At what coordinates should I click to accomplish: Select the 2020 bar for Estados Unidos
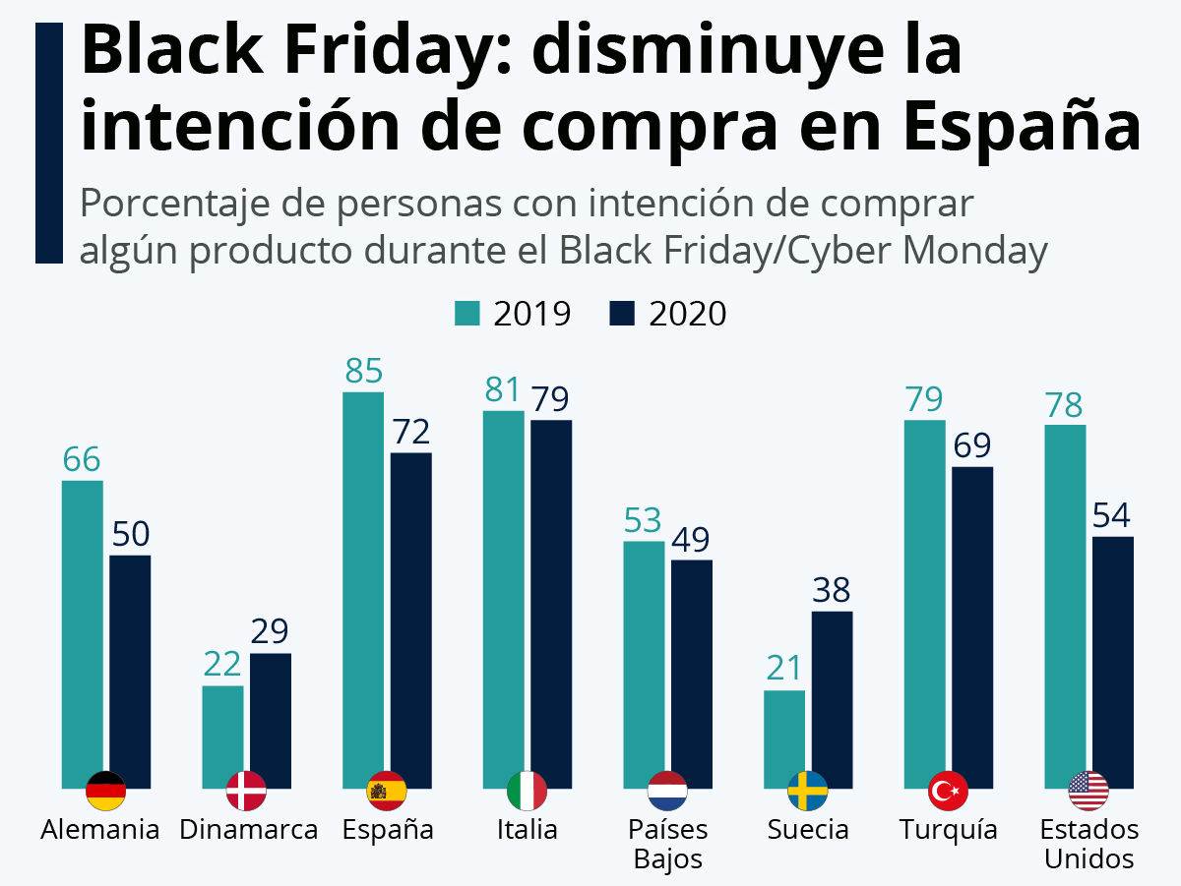(1113, 659)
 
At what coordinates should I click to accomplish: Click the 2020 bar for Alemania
(130, 669)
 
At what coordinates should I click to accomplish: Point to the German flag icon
(105, 791)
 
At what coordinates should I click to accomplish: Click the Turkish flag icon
(948, 791)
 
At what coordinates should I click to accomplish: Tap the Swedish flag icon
(808, 791)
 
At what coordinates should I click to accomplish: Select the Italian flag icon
(527, 791)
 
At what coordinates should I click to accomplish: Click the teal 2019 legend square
(466, 314)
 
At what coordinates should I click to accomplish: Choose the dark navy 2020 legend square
(623, 314)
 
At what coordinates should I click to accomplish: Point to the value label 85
(363, 372)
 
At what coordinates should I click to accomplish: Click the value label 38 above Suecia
(832, 590)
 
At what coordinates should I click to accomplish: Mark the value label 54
(1113, 515)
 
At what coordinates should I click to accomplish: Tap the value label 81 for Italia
(503, 390)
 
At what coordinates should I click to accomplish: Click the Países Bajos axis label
(668, 844)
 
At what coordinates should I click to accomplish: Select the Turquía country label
(948, 829)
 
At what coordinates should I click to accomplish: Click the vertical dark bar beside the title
(49, 143)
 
